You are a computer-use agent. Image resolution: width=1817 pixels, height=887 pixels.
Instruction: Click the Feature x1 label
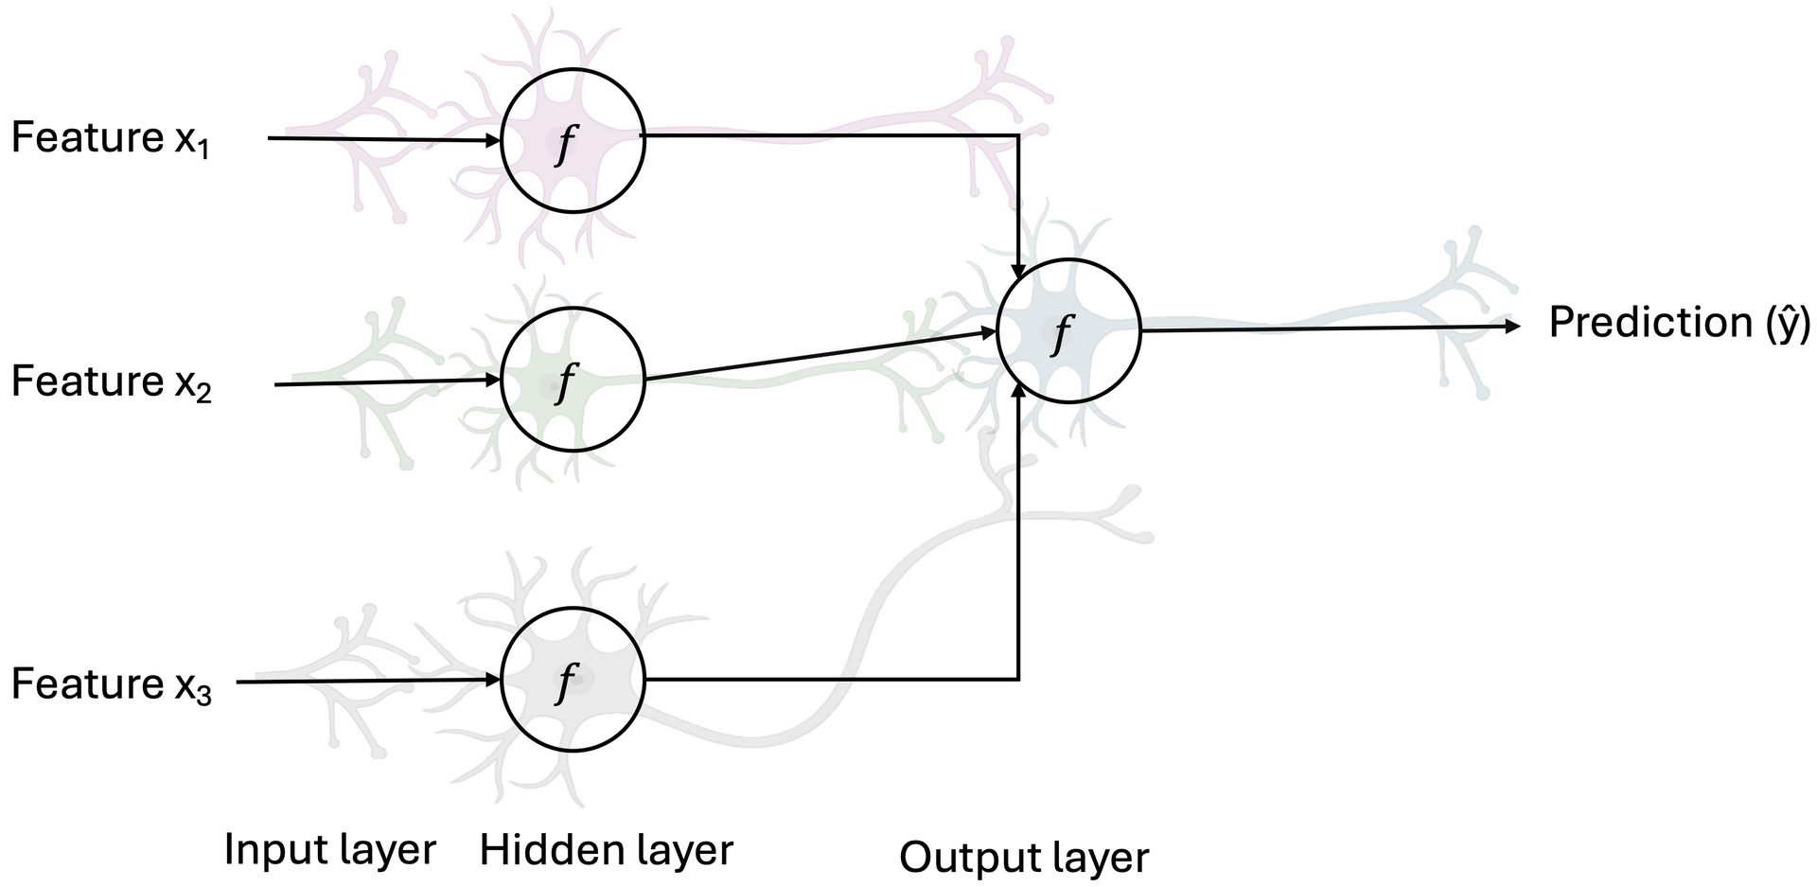click(x=110, y=140)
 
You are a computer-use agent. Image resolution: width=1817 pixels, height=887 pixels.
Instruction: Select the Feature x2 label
click(x=111, y=383)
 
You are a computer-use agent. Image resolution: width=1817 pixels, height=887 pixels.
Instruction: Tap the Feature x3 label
click(x=111, y=684)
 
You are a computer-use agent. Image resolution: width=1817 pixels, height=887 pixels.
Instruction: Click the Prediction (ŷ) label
click(x=1679, y=324)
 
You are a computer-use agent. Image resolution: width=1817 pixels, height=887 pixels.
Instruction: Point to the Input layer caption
click(x=329, y=849)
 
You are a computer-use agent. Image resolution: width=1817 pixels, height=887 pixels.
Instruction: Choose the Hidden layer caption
click(x=606, y=849)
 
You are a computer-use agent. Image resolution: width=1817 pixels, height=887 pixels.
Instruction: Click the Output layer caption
click(x=1023, y=858)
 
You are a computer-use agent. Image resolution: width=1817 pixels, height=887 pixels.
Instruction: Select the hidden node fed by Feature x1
click(x=573, y=140)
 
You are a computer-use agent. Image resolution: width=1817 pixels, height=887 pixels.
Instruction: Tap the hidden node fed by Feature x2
click(x=573, y=381)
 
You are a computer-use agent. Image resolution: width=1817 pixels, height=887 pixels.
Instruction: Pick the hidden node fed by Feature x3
click(x=573, y=680)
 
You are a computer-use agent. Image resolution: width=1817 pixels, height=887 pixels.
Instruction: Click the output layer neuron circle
click(x=1068, y=330)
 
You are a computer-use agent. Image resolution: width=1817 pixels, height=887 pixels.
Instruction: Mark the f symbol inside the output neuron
click(x=1063, y=333)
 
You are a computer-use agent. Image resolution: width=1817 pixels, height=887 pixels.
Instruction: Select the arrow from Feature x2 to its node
click(x=388, y=382)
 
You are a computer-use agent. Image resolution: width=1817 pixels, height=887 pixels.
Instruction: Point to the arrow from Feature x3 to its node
click(x=369, y=681)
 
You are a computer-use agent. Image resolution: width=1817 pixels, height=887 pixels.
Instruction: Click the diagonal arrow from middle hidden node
click(x=819, y=356)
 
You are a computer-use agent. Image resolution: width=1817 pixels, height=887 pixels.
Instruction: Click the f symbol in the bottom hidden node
click(x=565, y=682)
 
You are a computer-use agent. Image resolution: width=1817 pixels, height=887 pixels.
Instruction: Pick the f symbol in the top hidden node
click(x=565, y=144)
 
